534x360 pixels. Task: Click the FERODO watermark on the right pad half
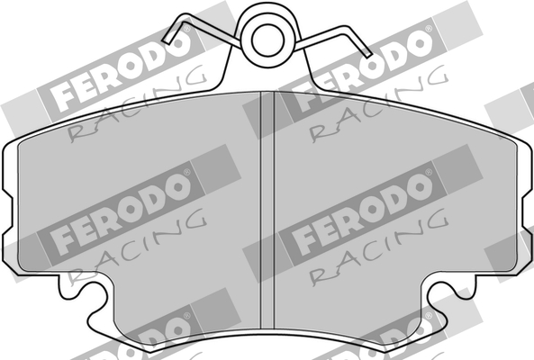point(365,209)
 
